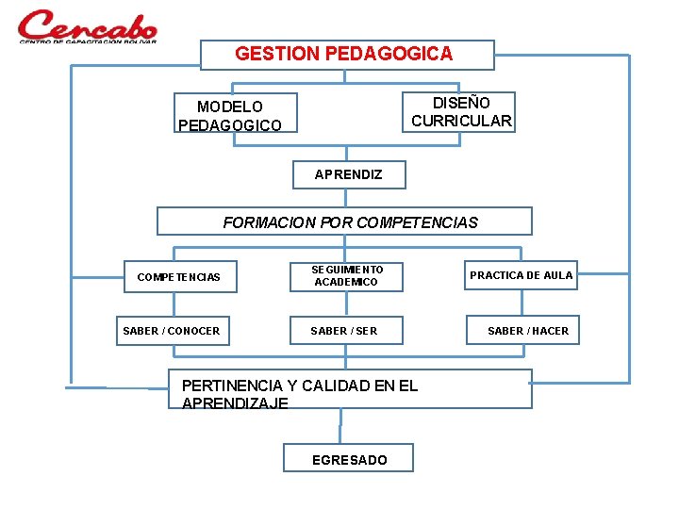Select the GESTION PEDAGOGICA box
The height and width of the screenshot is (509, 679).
[x=347, y=55]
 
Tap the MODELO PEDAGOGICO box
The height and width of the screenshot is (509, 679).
[x=235, y=113]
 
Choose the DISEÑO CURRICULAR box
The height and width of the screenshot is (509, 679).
[x=460, y=111]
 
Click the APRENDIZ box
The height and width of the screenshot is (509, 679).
[x=348, y=174]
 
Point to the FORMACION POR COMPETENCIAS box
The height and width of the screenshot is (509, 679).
[x=344, y=222]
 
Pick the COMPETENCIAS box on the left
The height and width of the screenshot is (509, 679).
[x=178, y=277]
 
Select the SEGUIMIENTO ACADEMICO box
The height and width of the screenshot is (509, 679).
[x=347, y=276]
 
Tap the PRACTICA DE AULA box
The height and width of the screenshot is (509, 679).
[x=521, y=275]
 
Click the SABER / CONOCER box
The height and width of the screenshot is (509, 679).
[x=172, y=330]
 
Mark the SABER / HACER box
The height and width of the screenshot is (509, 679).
[x=527, y=330]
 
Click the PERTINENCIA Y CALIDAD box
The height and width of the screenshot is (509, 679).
[x=349, y=389]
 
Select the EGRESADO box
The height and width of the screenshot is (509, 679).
[x=349, y=459]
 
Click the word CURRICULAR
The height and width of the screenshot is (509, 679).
[x=461, y=121]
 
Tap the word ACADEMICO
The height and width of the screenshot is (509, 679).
[x=346, y=283]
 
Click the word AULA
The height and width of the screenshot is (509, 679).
[x=556, y=275]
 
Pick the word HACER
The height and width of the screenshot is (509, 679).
[x=550, y=330]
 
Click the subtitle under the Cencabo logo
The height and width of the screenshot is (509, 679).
[x=87, y=41]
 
